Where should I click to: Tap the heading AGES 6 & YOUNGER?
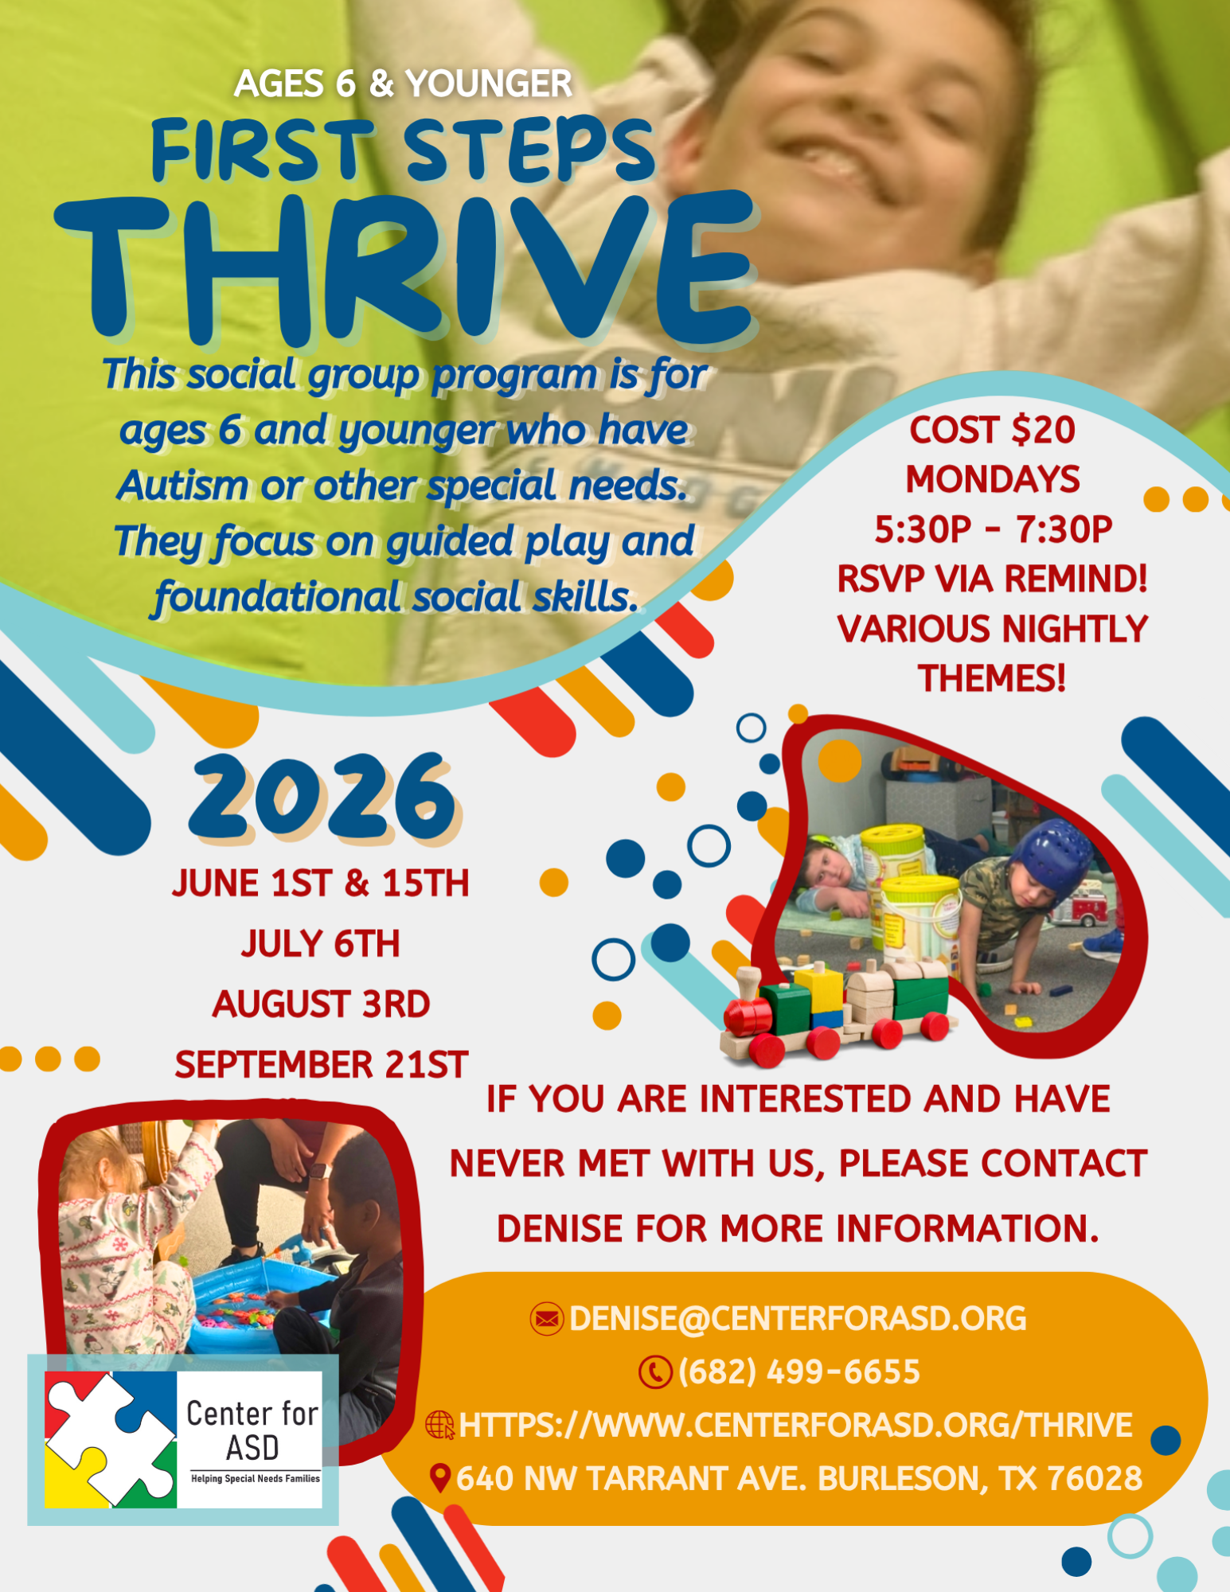(403, 84)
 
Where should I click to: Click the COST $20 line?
(992, 431)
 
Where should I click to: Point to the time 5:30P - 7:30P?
(993, 529)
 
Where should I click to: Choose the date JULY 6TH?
(321, 944)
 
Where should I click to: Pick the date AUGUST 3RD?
(321, 1004)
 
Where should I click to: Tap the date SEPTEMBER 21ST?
(321, 1064)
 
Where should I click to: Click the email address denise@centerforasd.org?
(798, 1319)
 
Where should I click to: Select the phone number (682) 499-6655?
(799, 1372)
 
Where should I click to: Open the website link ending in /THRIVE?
(795, 1425)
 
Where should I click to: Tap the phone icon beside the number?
(656, 1372)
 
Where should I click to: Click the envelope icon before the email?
(547, 1319)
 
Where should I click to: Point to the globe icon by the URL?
(440, 1425)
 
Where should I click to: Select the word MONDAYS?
(993, 480)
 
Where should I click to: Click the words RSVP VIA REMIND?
(992, 579)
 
